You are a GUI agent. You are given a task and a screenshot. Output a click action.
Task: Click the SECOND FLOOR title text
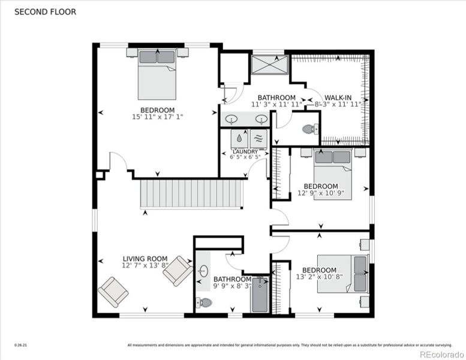[x=45, y=11]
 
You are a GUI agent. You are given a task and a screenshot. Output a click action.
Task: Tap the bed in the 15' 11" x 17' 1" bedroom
[x=157, y=74]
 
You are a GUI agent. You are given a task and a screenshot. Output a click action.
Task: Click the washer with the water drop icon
[x=240, y=138]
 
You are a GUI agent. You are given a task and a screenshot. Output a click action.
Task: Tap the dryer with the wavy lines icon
[x=258, y=138]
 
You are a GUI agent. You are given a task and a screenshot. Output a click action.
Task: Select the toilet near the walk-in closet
[x=309, y=128]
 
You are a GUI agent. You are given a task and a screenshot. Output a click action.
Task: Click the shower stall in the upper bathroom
[x=269, y=64]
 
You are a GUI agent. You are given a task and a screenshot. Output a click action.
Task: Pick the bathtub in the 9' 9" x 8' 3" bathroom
[x=260, y=294]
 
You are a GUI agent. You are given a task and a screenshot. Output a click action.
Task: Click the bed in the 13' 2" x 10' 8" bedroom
[x=343, y=274]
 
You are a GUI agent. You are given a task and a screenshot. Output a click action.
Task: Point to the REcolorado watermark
[x=440, y=353]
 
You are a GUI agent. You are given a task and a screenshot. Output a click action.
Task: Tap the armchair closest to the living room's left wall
[x=113, y=292]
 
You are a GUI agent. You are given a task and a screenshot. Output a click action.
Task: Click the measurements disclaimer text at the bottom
[x=287, y=345]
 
